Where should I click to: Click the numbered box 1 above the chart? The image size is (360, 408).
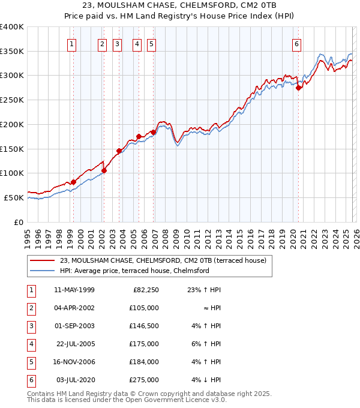point(72,43)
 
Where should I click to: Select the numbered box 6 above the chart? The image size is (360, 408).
point(297,43)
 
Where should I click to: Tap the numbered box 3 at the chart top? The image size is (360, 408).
point(117,43)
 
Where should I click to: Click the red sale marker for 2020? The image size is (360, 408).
point(298,88)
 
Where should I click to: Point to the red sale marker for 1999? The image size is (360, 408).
point(73,182)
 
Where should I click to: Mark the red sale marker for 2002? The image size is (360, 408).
point(104,170)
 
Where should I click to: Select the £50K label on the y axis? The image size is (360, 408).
point(14,197)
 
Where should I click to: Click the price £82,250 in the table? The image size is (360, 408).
point(145,289)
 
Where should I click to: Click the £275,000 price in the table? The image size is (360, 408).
point(145,379)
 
